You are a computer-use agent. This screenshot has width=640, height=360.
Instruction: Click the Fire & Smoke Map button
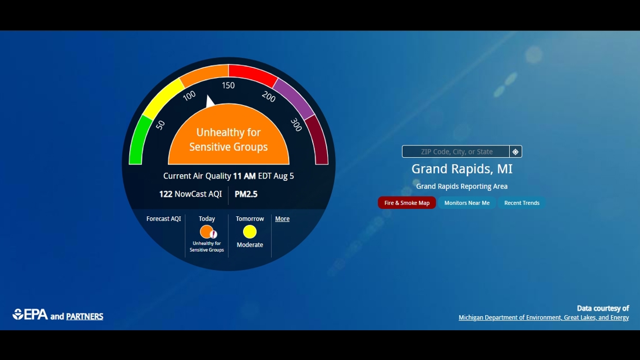(x=406, y=203)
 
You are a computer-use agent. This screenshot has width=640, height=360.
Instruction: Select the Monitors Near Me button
(x=467, y=203)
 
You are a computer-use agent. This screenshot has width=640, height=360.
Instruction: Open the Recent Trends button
(x=522, y=203)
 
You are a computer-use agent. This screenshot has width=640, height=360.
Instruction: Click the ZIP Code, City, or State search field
(x=456, y=152)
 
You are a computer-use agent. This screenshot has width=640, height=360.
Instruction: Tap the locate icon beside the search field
(x=515, y=152)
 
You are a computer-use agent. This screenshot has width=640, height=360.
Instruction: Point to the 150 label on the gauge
(x=228, y=85)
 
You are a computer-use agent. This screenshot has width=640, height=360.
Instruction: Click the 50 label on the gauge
(x=161, y=125)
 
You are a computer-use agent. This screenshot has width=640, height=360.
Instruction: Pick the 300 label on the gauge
(x=296, y=125)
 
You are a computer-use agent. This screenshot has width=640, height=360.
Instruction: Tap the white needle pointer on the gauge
(x=209, y=102)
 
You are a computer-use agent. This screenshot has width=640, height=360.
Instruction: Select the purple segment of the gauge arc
(x=294, y=99)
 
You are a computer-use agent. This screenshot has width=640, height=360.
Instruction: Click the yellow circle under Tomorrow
(x=250, y=231)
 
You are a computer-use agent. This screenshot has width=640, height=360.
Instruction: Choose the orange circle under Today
(x=206, y=231)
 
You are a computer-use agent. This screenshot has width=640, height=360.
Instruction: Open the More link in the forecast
(x=282, y=219)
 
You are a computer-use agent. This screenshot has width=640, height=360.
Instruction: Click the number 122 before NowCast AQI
(x=166, y=194)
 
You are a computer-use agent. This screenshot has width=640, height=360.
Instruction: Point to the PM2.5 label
(x=246, y=194)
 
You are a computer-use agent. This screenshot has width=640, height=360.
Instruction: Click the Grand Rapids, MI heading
(x=461, y=169)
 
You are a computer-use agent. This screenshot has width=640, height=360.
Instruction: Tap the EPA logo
(x=30, y=315)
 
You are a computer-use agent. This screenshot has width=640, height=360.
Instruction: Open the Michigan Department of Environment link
(x=543, y=318)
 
